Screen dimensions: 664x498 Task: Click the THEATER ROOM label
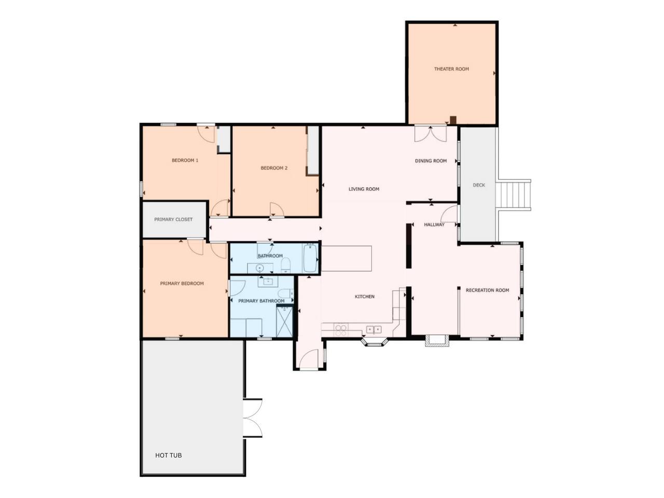point(451,69)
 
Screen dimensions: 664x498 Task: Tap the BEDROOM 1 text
point(185,160)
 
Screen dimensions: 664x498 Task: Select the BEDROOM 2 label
point(274,168)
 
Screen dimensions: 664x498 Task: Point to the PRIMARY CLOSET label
point(173,219)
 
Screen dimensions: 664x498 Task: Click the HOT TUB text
point(168,455)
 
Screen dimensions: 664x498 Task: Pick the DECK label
point(479,185)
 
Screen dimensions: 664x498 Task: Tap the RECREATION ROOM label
point(487,290)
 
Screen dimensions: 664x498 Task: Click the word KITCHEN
point(364,297)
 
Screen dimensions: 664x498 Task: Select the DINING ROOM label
point(431,161)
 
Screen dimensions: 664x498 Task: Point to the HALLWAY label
point(434,225)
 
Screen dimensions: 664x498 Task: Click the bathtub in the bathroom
point(310,258)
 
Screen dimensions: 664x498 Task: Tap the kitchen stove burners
point(341,330)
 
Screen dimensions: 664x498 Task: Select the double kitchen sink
point(374,329)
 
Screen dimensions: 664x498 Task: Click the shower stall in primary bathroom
point(284,322)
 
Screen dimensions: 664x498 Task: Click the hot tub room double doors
point(252,418)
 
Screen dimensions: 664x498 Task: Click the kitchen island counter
point(346,258)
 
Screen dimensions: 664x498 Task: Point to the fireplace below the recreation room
point(436,340)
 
